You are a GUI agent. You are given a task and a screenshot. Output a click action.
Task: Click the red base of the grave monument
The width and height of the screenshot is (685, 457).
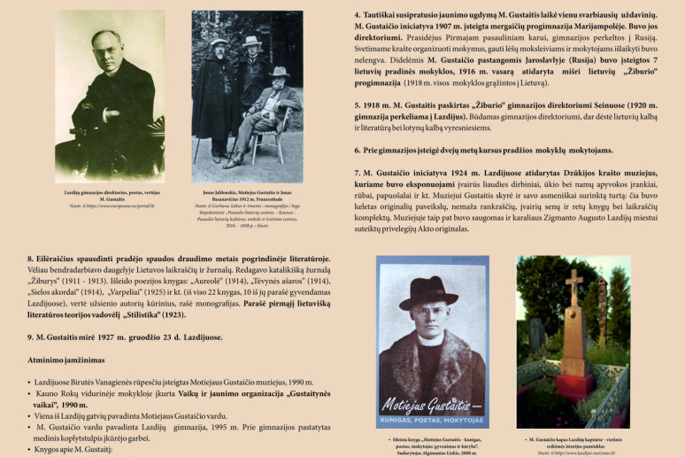point(576,386)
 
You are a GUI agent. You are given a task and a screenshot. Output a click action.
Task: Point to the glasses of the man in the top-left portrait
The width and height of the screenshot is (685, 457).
point(105,46)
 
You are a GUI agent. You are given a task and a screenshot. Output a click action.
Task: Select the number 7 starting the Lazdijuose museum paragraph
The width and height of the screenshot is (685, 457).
point(356,172)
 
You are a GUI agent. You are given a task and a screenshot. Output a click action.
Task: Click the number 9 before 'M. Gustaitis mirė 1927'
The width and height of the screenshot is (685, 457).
point(31,337)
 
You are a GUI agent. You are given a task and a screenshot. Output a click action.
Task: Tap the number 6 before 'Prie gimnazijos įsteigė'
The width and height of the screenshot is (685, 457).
point(356,151)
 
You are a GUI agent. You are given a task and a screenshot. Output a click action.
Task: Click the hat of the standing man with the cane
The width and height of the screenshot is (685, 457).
point(219,42)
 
